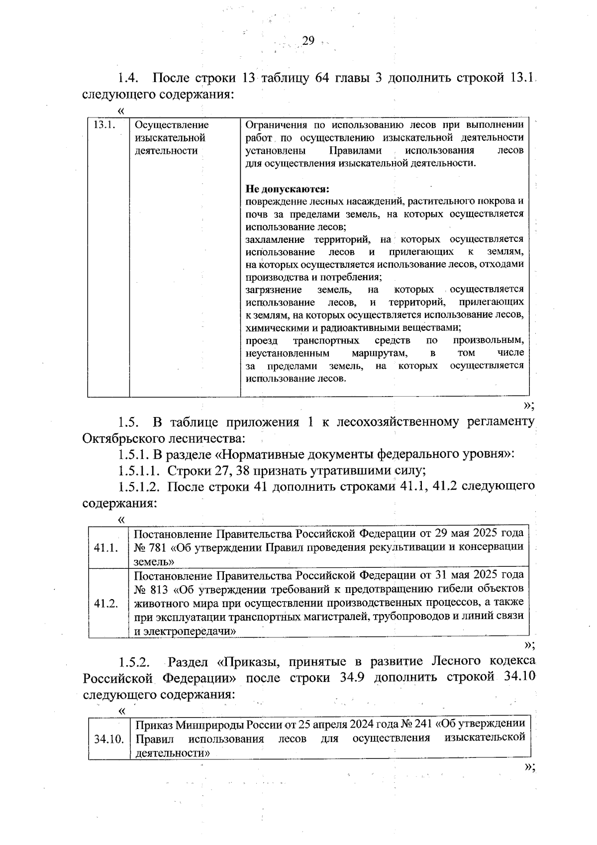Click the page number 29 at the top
click(x=308, y=41)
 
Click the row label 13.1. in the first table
click(x=104, y=125)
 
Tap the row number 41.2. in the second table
click(x=105, y=604)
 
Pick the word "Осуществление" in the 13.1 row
click(x=172, y=125)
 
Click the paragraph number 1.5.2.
click(x=134, y=662)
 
